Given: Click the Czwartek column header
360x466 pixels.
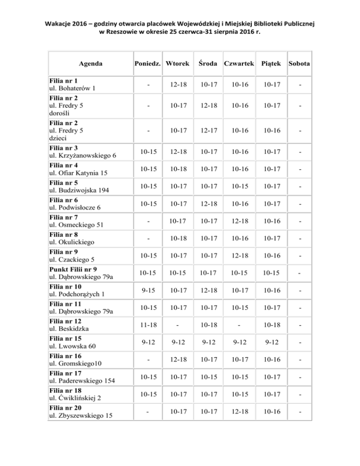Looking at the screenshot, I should pos(239,62).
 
